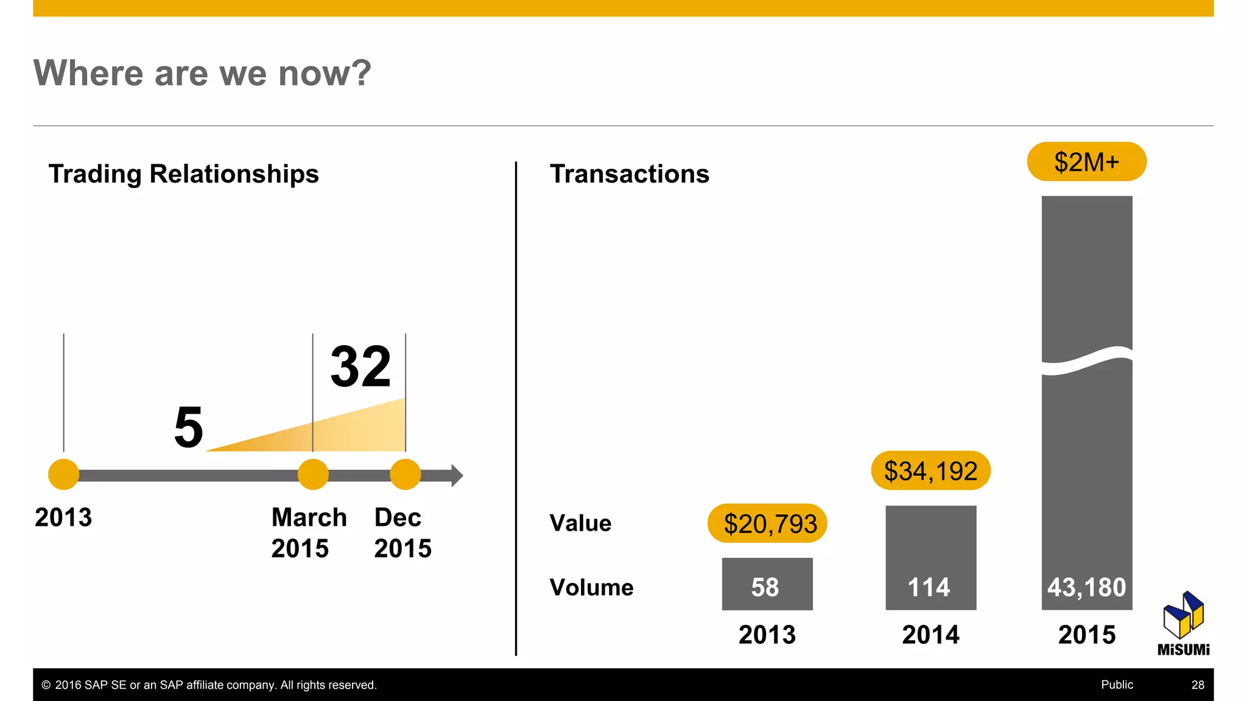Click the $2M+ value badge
click(1086, 162)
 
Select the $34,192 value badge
click(930, 471)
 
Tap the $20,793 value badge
click(767, 523)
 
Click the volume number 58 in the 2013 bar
click(765, 587)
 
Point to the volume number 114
click(929, 587)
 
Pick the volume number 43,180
click(1086, 587)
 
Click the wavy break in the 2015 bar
click(1087, 360)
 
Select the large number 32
click(360, 366)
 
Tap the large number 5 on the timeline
click(188, 427)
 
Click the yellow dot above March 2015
click(313, 475)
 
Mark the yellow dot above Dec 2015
click(406, 475)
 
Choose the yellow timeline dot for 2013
click(63, 475)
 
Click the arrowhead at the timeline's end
click(457, 475)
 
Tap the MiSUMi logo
click(1183, 624)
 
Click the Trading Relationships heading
click(183, 174)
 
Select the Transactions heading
click(630, 174)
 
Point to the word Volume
click(591, 587)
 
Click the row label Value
click(580, 523)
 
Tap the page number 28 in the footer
click(1198, 685)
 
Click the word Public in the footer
click(1117, 685)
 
